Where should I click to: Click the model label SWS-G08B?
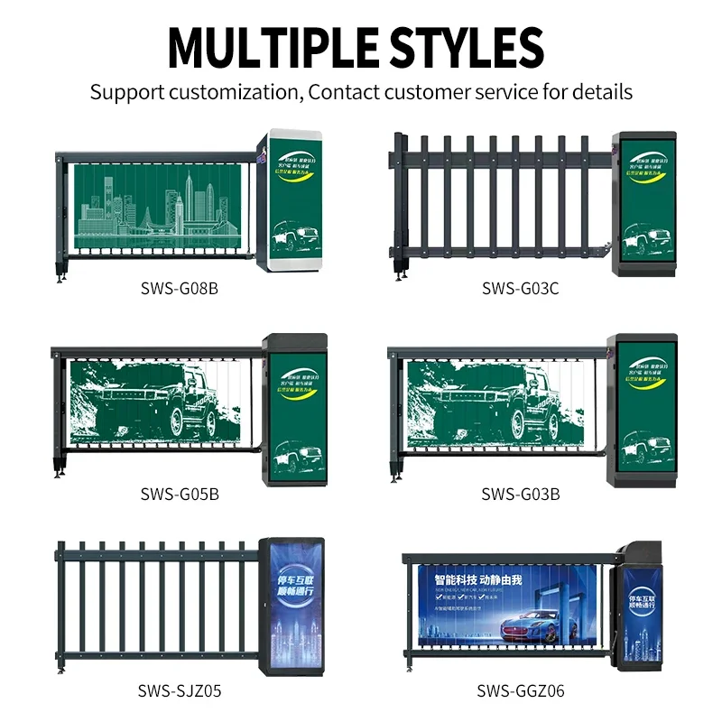pyautogui.click(x=180, y=289)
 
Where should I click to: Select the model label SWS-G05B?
pyautogui.click(x=180, y=494)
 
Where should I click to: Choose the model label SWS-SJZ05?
pyautogui.click(x=180, y=691)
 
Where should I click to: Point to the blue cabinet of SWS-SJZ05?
pyautogui.click(x=292, y=606)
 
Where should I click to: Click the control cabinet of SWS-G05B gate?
pyautogui.click(x=294, y=411)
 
